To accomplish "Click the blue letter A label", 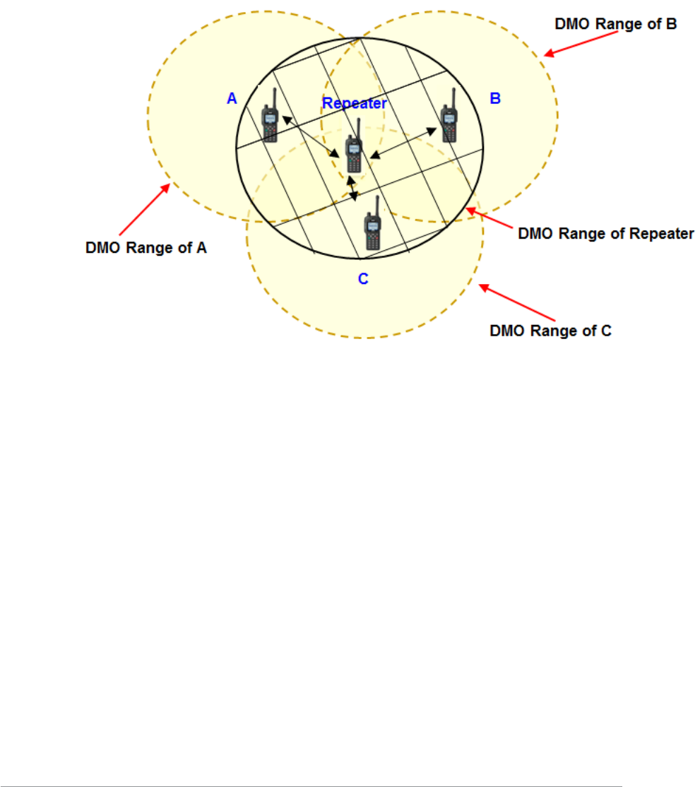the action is [x=232, y=100].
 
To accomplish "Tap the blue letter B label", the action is [x=495, y=98].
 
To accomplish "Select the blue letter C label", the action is [x=363, y=278].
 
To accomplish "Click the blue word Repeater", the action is [x=355, y=103].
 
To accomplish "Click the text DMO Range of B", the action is [x=615, y=25].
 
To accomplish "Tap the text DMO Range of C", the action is [x=550, y=331].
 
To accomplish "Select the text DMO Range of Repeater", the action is [x=606, y=234].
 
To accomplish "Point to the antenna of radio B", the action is [x=452, y=97].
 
